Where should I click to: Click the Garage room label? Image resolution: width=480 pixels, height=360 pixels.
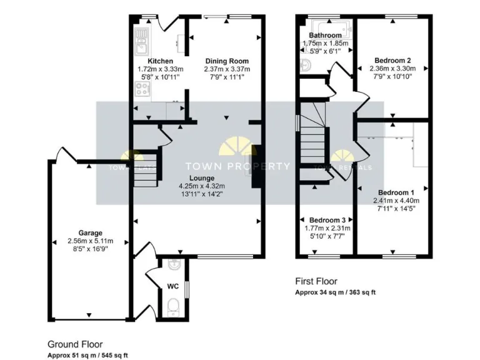(91, 232)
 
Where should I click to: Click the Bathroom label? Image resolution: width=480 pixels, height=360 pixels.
(325, 35)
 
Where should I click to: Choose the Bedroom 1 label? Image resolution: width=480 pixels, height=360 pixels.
(394, 192)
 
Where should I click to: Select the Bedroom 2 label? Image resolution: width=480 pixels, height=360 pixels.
(392, 61)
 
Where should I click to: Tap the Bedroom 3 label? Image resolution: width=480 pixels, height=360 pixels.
(327, 221)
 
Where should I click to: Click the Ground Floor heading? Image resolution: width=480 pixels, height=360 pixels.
(75, 344)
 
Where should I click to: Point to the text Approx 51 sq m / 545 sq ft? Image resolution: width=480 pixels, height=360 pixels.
(88, 355)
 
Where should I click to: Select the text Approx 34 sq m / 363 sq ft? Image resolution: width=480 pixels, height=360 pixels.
(335, 292)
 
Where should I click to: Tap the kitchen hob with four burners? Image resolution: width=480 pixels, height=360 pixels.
(141, 91)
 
